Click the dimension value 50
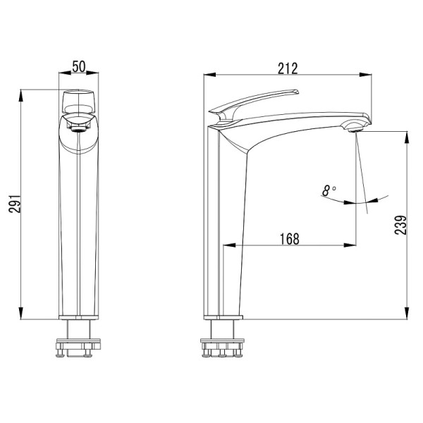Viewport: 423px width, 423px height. [78, 67]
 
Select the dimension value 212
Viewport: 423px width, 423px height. [288, 68]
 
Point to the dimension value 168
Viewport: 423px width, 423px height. [289, 239]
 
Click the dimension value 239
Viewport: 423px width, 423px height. [398, 224]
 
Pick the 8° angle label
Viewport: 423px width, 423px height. [329, 190]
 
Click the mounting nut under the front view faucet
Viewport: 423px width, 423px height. [78, 347]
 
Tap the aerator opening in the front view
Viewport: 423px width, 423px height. [78, 127]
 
